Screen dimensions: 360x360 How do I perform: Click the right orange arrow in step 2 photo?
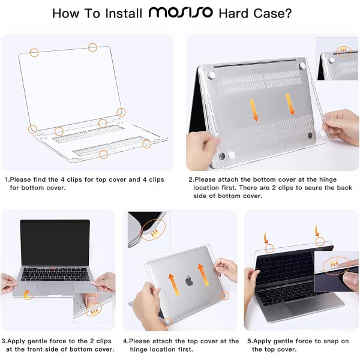click(x=292, y=103)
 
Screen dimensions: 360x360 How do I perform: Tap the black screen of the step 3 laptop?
click(x=55, y=242)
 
